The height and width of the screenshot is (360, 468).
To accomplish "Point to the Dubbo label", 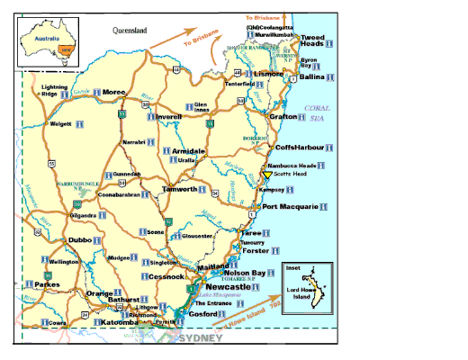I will (81, 240).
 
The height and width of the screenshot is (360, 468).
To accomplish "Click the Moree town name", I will (114, 92).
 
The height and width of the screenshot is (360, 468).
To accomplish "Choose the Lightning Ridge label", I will (54, 90).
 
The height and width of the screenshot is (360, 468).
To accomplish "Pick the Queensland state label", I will (129, 31).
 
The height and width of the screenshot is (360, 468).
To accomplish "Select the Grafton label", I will (283, 116).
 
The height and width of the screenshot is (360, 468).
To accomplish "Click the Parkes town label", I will (47, 287).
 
